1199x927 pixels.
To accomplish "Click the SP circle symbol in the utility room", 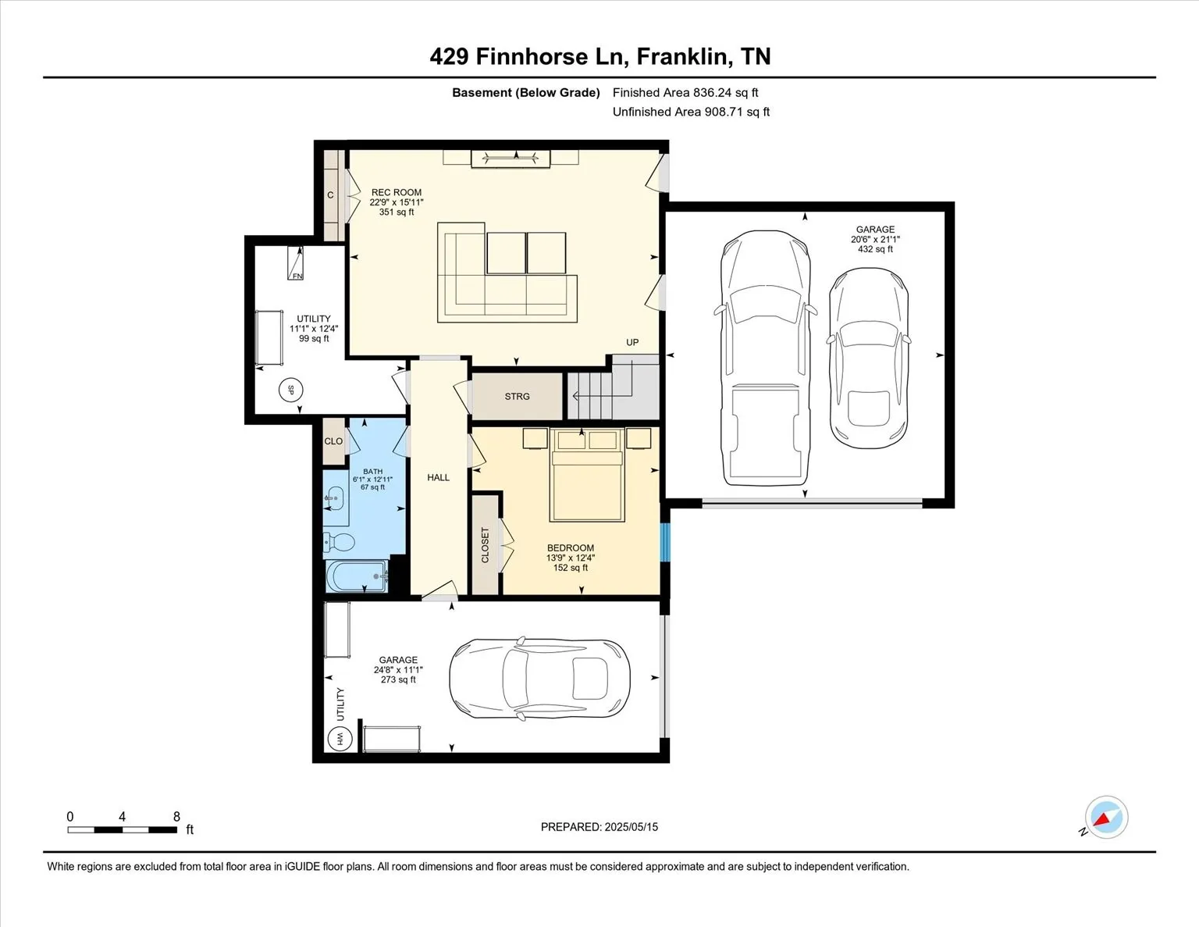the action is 291,390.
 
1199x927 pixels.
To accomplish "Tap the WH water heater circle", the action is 340,738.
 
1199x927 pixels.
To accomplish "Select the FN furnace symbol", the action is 296,263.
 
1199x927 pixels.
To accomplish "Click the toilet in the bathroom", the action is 338,542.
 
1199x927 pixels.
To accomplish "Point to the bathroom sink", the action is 335,499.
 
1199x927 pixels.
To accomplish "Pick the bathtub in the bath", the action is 357,576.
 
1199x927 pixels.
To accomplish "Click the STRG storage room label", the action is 517,396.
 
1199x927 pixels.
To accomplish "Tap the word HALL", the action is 438,477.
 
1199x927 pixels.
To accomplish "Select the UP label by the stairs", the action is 632,342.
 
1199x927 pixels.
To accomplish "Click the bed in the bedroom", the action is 587,475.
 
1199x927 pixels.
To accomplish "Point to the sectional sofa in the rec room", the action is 507,272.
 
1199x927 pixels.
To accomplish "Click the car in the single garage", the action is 539,678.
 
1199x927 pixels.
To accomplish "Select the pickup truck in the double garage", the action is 765,358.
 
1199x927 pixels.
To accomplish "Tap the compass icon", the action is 1106,818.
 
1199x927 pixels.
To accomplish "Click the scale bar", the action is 122,830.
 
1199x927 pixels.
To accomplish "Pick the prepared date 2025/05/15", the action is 631,826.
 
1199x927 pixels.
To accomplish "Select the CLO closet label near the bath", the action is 333,441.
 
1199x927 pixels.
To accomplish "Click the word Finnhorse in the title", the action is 532,57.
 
